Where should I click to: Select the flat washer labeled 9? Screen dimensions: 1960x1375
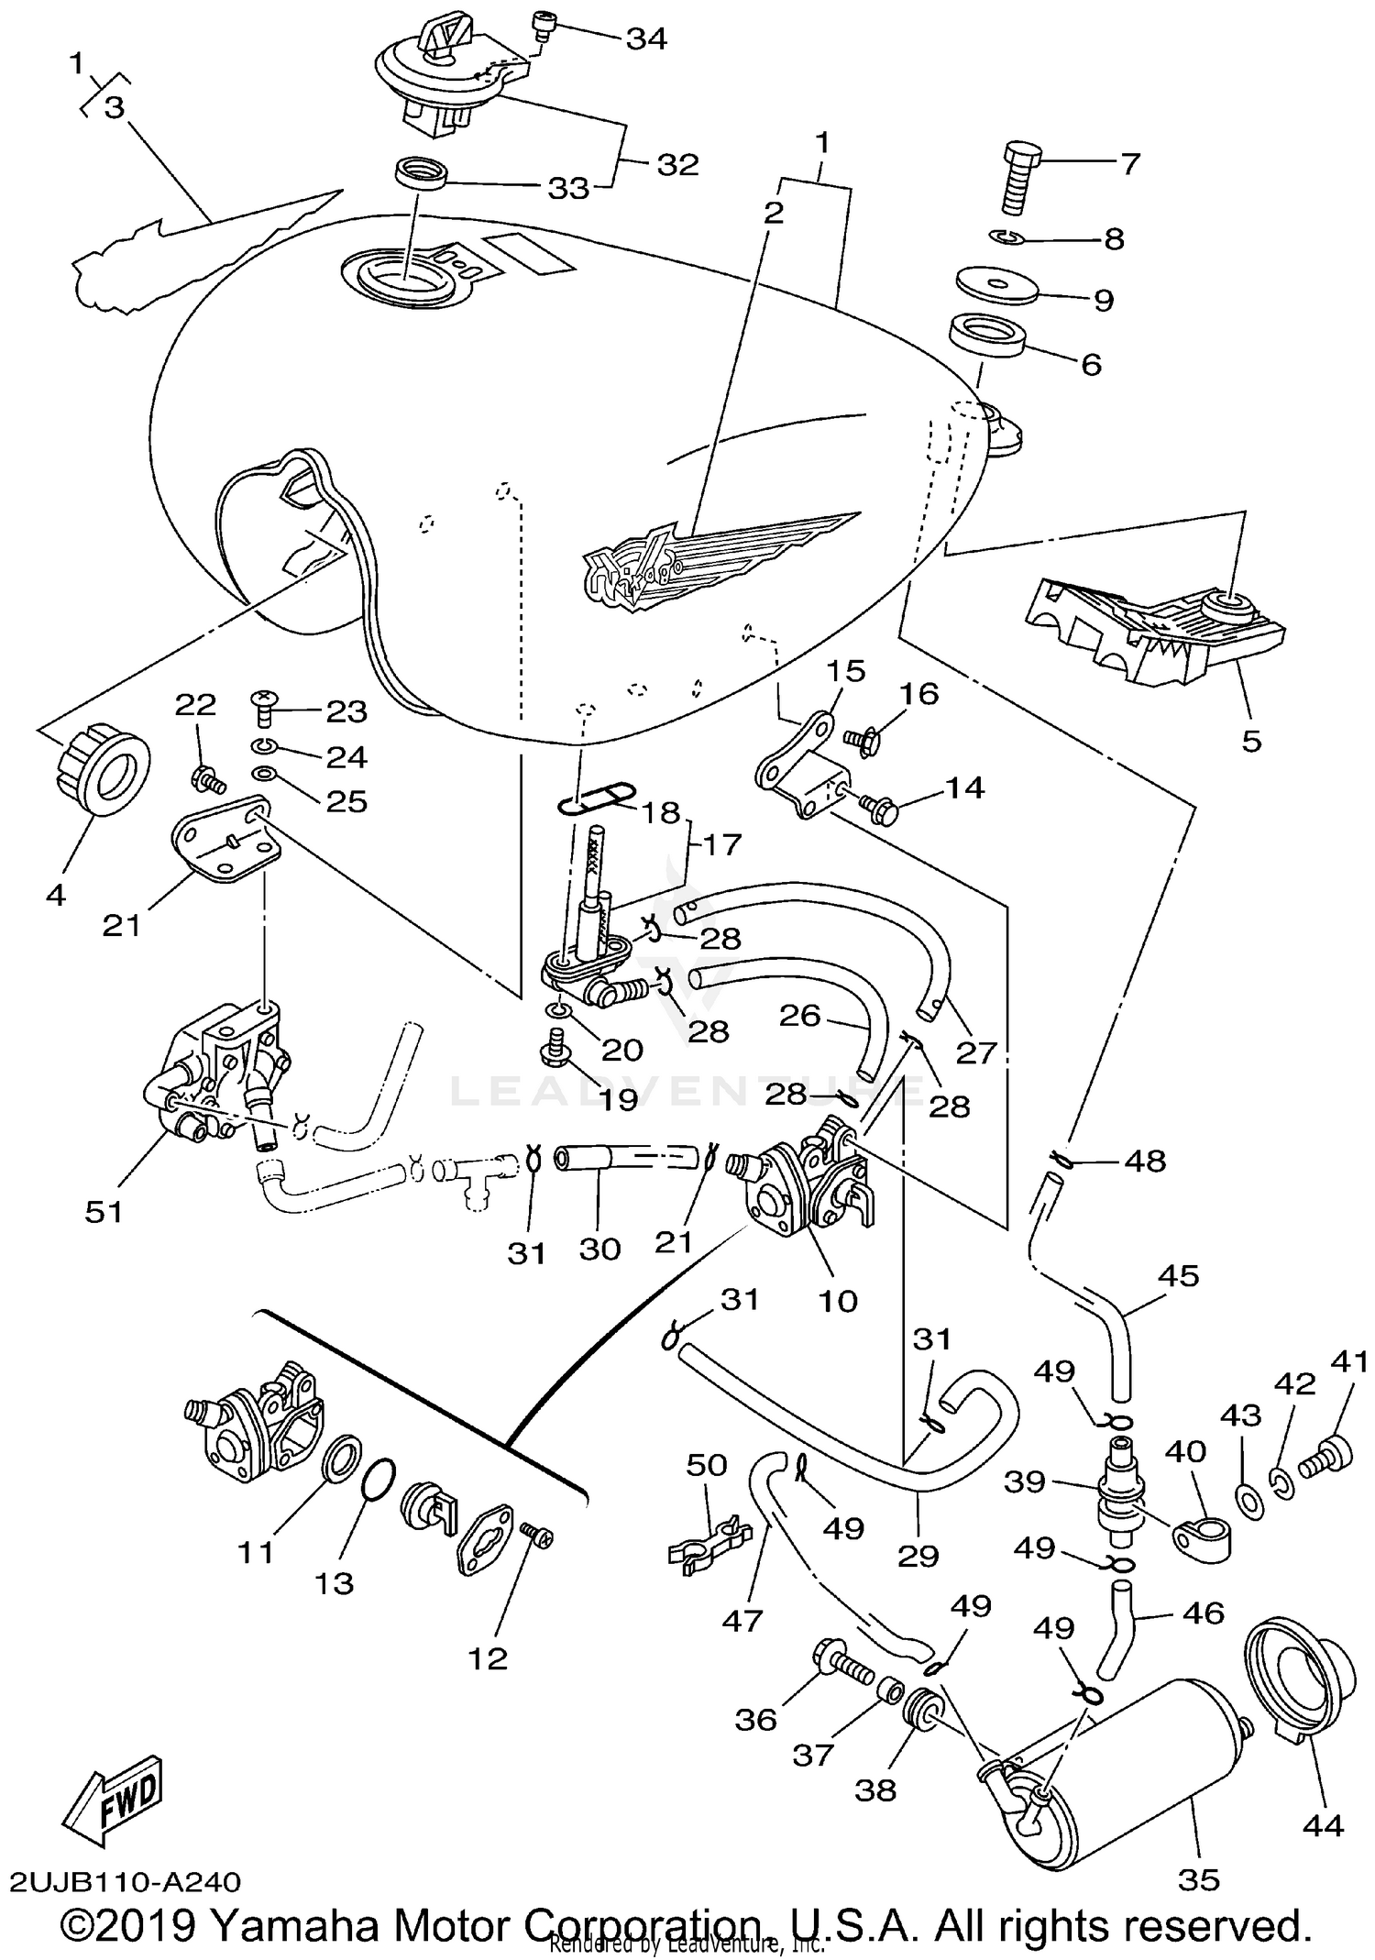[996, 283]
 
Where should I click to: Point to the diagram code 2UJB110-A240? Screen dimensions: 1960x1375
[126, 1881]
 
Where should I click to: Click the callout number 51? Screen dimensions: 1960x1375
[104, 1211]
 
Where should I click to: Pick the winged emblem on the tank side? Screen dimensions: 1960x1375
[706, 558]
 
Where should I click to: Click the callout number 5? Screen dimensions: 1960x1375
[1251, 740]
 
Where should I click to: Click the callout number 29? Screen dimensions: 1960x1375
[918, 1555]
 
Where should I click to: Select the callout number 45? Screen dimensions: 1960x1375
[1178, 1275]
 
